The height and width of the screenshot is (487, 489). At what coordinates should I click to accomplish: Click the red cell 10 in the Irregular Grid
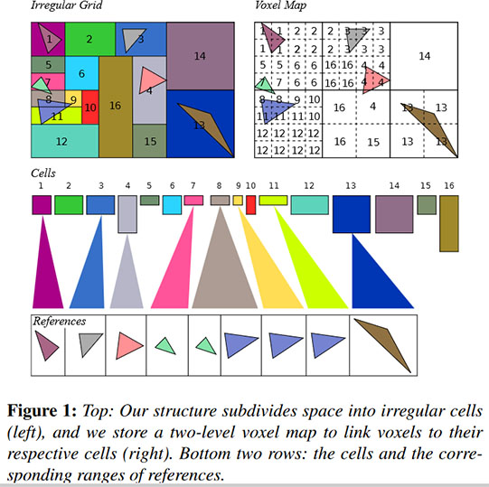tap(90, 107)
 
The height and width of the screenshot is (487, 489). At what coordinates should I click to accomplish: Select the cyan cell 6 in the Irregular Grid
tap(81, 73)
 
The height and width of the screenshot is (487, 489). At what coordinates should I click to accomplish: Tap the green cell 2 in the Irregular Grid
tap(90, 39)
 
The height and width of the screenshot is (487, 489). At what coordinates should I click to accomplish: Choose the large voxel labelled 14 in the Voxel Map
tap(424, 56)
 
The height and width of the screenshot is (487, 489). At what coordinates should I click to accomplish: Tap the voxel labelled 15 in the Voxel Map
tap(373, 141)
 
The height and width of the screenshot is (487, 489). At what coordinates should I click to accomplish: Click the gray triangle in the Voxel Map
tap(356, 40)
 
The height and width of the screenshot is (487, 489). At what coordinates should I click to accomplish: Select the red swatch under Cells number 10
tap(250, 205)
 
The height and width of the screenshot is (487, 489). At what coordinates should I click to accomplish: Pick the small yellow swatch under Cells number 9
tap(238, 201)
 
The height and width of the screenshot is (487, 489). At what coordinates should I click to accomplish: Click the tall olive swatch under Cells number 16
tap(449, 223)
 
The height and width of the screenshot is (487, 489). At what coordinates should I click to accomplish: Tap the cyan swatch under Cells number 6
tap(172, 205)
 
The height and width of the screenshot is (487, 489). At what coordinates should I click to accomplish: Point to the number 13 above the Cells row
tap(351, 186)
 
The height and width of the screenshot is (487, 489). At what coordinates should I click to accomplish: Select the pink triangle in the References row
tap(127, 345)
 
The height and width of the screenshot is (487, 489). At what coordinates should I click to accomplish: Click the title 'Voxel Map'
tap(281, 5)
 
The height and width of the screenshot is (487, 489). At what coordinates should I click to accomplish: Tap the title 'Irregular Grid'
tap(67, 5)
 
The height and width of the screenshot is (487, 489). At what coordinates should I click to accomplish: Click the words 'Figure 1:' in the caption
tap(42, 411)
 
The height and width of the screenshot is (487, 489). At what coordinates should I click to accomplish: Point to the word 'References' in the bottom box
tap(60, 322)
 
